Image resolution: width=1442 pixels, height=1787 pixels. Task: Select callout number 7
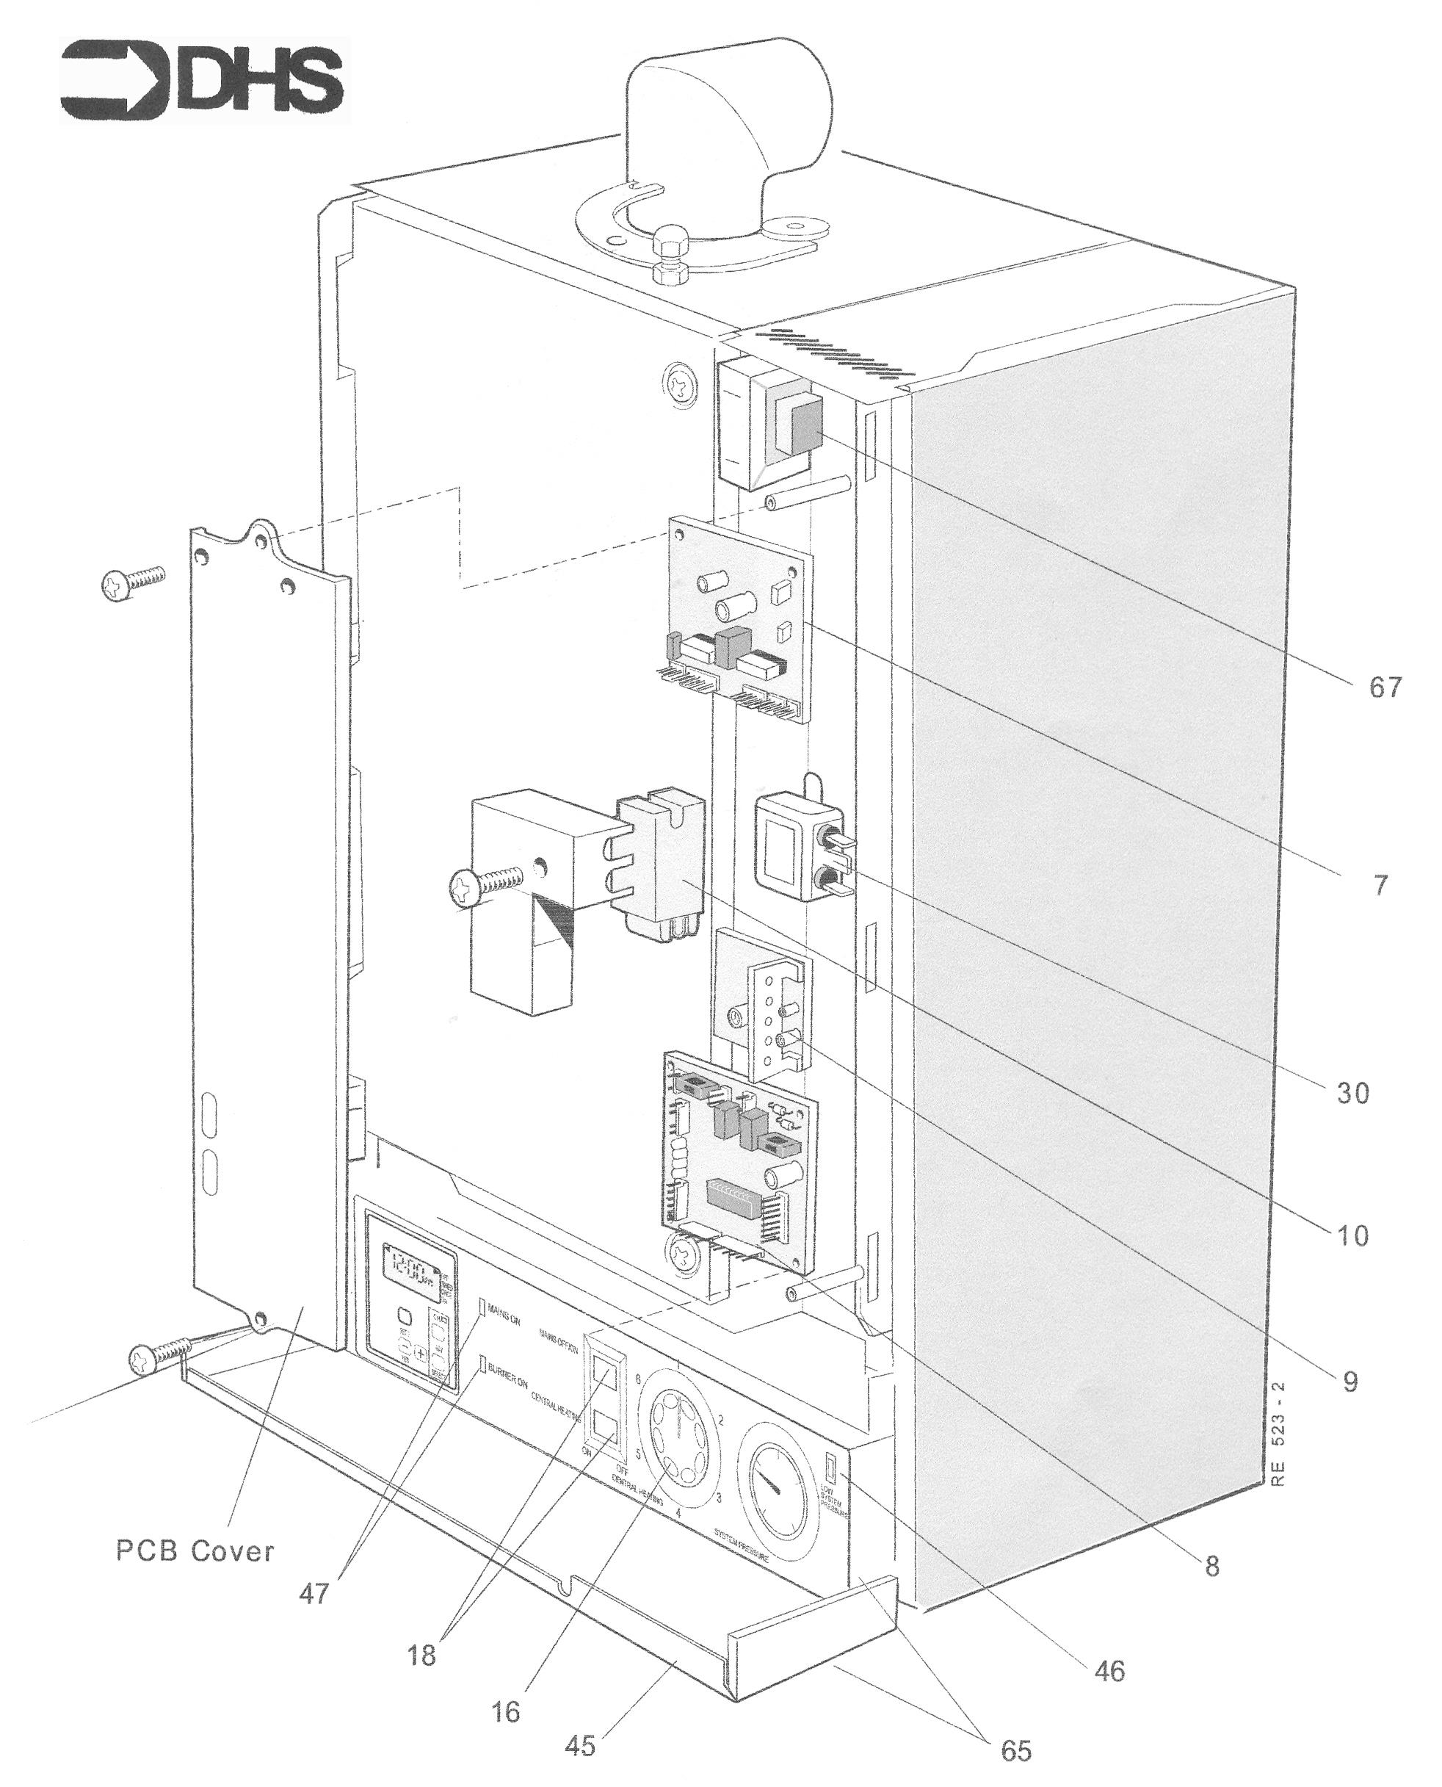1380,886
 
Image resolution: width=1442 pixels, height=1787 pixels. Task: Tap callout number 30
1353,1094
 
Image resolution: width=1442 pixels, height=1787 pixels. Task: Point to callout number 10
1352,1236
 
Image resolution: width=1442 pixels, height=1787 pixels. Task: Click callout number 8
1212,1566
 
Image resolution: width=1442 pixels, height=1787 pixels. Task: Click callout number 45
580,1745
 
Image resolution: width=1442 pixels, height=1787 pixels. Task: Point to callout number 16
506,1711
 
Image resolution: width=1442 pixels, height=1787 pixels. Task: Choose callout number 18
421,1655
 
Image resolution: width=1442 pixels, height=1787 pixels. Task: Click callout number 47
314,1593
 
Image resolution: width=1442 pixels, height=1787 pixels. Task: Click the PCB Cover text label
195,1551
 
